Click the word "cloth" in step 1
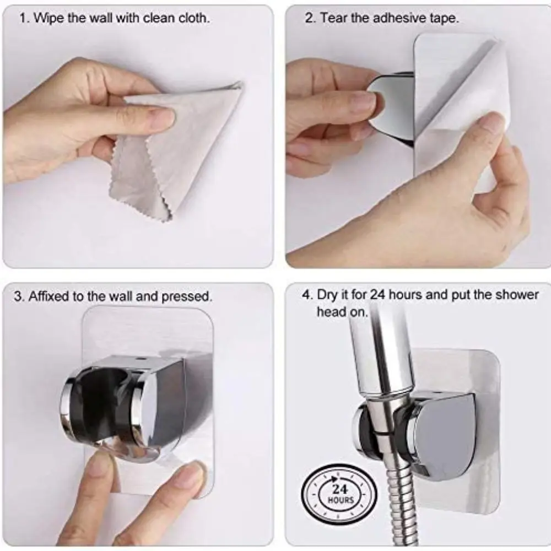click(x=193, y=18)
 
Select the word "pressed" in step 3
click(x=187, y=296)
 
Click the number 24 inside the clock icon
click(x=340, y=489)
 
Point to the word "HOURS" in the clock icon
click(x=341, y=500)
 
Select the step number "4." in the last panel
click(x=307, y=294)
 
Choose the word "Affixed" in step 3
click(x=49, y=296)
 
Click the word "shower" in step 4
click(x=517, y=294)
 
